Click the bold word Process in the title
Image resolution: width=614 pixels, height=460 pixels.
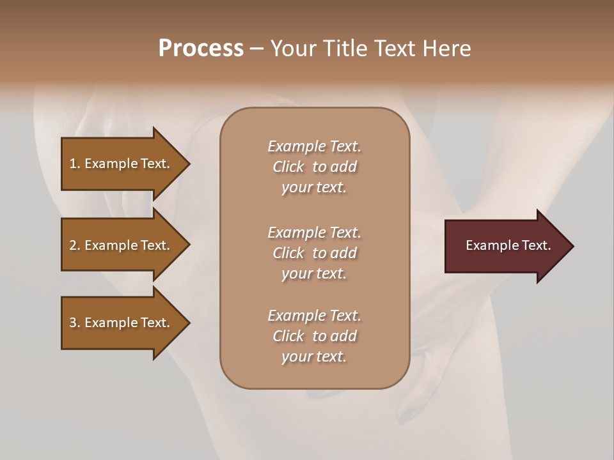pyautogui.click(x=201, y=49)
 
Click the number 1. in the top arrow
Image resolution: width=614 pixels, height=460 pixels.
pyautogui.click(x=75, y=164)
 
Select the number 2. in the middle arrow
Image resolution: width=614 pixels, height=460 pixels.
pyautogui.click(x=75, y=245)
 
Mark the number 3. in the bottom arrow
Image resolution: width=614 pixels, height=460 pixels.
pyautogui.click(x=75, y=323)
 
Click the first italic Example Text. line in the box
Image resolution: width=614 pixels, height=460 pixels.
pyautogui.click(x=314, y=146)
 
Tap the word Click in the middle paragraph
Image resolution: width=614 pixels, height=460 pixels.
pyautogui.click(x=288, y=253)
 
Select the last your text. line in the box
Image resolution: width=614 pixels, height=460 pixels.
pyautogui.click(x=314, y=356)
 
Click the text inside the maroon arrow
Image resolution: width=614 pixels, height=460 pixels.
pyautogui.click(x=508, y=245)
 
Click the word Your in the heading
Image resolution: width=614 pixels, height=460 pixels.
pyautogui.click(x=294, y=49)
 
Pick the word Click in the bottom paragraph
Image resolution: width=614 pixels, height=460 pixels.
pyautogui.click(x=288, y=336)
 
